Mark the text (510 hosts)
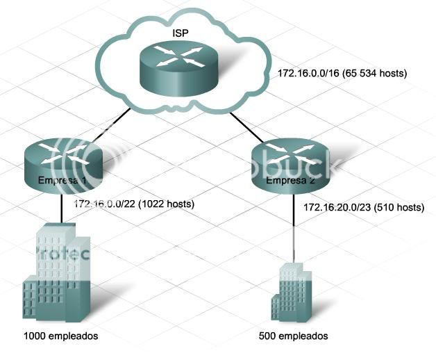click(398, 207)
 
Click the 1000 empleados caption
click(60, 336)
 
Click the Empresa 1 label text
click(62, 181)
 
